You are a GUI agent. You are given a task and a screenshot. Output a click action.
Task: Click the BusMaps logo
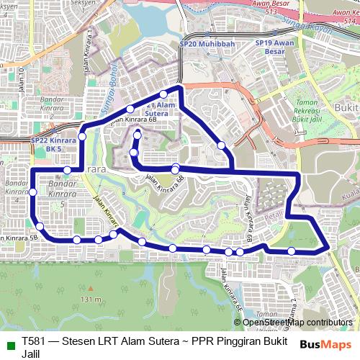[x=326, y=344]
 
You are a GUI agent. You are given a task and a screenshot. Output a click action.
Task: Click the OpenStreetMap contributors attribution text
[x=297, y=323]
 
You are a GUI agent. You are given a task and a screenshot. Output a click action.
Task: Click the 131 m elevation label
[x=91, y=298]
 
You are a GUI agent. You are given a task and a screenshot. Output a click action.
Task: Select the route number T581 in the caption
[x=34, y=341]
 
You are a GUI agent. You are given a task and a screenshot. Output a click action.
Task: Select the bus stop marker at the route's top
[x=164, y=94]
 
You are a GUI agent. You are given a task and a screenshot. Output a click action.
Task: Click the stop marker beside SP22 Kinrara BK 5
[x=83, y=135]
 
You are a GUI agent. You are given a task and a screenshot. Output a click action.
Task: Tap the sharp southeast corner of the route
[x=328, y=249]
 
